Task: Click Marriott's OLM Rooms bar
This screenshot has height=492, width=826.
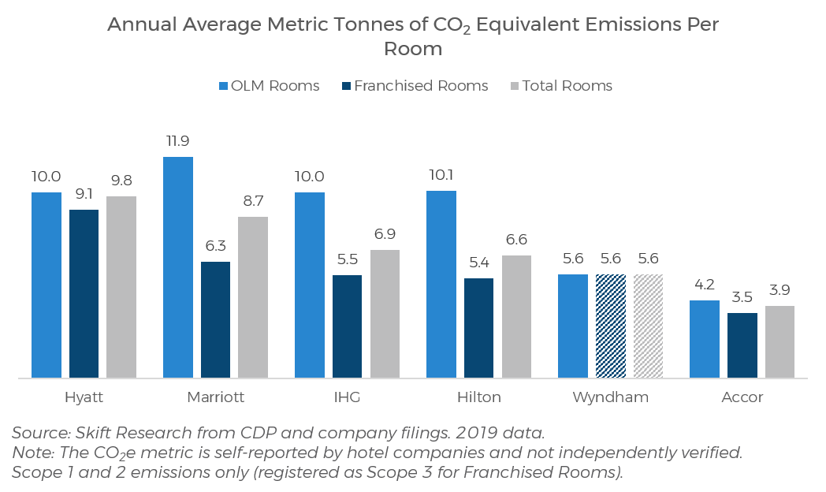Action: coord(178,267)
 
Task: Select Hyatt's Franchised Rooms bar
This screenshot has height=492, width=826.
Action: coord(84,293)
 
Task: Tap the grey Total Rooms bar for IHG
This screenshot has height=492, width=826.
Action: coord(385,314)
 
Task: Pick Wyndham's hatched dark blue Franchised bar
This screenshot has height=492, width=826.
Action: coord(611,326)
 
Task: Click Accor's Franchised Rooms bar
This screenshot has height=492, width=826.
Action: coord(742,345)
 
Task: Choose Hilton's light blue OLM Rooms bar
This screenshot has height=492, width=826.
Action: coord(441,284)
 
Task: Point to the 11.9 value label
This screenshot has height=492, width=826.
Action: coord(178,141)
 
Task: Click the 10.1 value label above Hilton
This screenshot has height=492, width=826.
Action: coord(441,175)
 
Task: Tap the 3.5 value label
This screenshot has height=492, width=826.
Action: coord(742,297)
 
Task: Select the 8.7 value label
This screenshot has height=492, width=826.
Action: coord(253,201)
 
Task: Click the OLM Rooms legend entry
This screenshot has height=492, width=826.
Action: coord(268,86)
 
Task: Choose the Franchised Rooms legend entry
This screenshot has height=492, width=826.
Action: coord(415,86)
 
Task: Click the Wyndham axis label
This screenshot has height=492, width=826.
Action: coord(611,397)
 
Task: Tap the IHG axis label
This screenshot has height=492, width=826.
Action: coord(347,397)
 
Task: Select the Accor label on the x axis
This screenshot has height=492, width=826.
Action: coord(742,397)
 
